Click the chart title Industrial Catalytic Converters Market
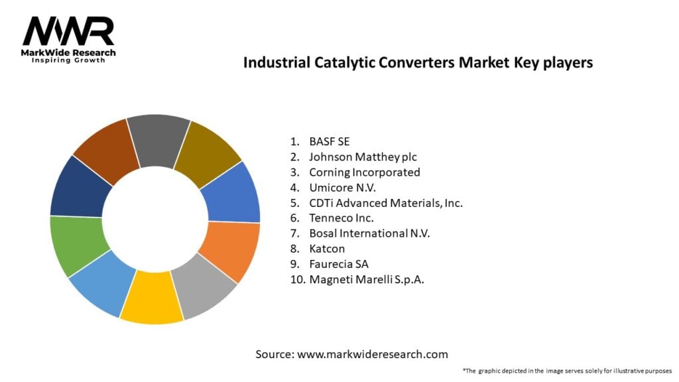[418, 62]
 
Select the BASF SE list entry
[329, 141]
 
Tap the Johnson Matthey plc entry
[363, 157]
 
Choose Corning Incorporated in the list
[364, 172]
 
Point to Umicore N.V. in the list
[342, 187]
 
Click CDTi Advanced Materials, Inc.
[385, 202]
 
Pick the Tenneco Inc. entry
[341, 218]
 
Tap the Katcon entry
[328, 248]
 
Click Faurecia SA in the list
[338, 263]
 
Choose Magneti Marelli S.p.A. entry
[366, 279]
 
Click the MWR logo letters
[68, 31]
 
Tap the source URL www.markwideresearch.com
[373, 354]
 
